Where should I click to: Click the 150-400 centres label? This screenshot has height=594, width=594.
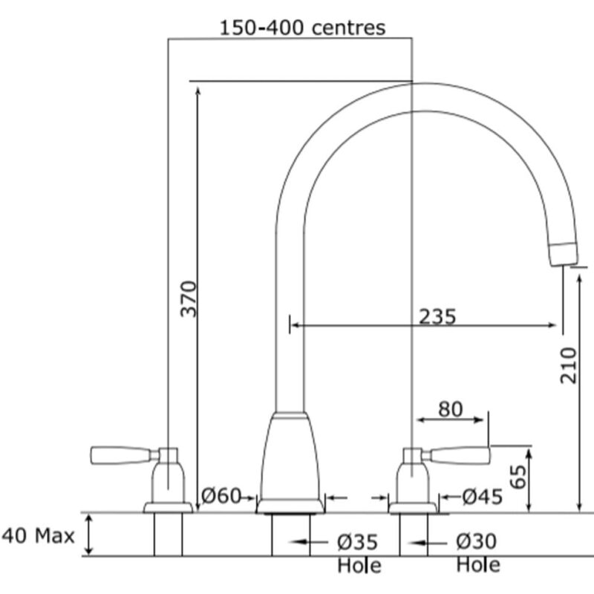point(302,27)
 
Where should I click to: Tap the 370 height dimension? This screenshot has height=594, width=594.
point(189,298)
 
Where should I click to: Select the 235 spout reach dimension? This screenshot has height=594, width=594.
point(437,316)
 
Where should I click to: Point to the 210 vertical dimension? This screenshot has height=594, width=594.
point(568,365)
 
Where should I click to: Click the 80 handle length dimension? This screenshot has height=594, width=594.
point(451,409)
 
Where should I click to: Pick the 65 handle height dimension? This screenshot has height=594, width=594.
point(518,477)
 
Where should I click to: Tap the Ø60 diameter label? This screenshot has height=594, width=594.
point(221,495)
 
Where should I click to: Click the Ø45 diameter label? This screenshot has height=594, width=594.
point(483,497)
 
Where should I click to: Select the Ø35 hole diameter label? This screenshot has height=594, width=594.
point(357,542)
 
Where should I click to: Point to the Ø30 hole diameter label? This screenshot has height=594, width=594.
point(476,541)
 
